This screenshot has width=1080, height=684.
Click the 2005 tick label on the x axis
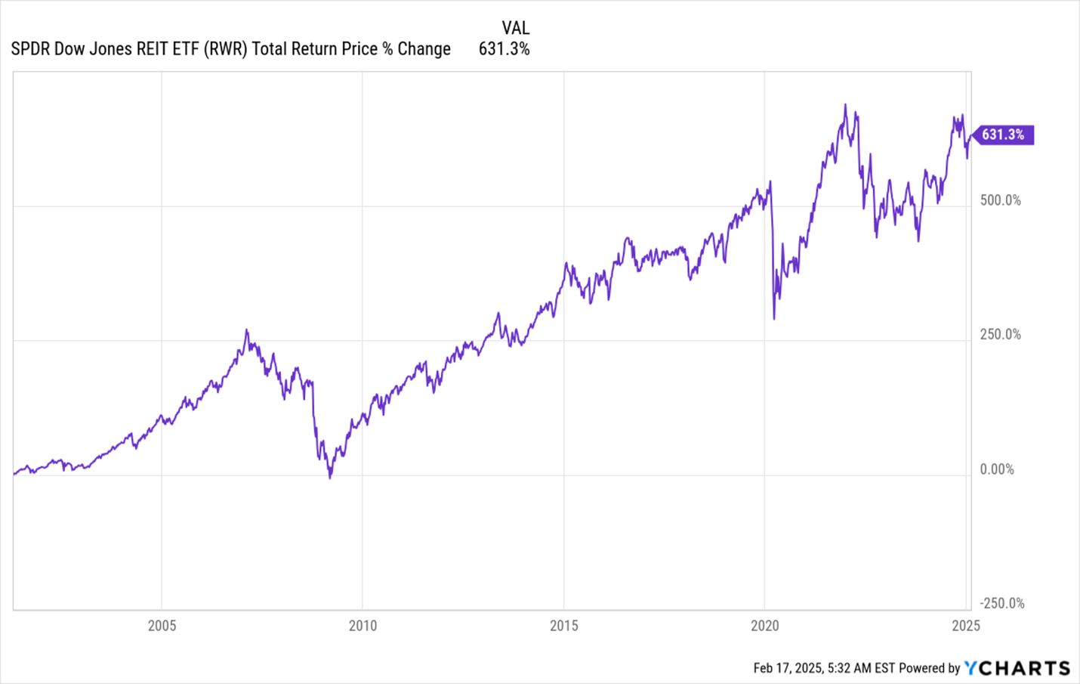click(162, 626)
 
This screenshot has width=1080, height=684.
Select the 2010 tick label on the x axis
click(363, 626)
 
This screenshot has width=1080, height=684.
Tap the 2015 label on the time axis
click(563, 626)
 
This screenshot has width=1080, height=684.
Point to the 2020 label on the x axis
click(764, 626)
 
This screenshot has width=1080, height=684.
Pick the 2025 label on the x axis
click(965, 626)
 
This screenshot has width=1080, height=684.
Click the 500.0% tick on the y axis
click(1000, 200)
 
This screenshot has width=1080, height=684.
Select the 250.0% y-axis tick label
click(1000, 334)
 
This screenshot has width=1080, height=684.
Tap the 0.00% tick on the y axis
click(997, 469)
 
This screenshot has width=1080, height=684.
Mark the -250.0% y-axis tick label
click(1001, 603)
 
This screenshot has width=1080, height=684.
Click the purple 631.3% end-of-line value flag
click(1003, 135)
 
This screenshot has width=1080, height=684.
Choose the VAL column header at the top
click(516, 28)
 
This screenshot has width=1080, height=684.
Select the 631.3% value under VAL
click(504, 49)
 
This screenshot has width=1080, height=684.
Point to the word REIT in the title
click(153, 49)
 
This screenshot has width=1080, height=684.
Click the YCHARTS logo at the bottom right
click(1017, 668)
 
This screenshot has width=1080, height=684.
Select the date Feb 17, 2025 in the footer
click(788, 668)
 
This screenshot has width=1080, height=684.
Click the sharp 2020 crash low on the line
click(774, 318)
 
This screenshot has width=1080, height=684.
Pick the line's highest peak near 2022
click(845, 105)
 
